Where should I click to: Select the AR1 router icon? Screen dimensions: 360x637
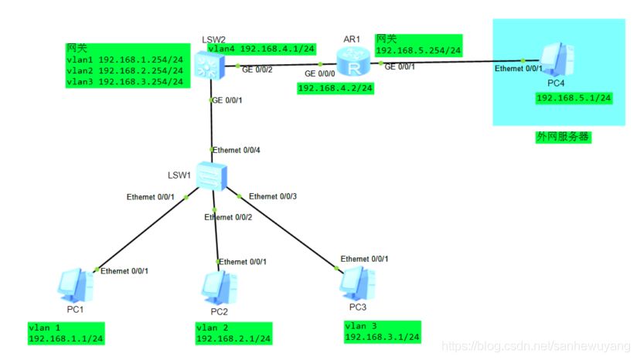(354, 63)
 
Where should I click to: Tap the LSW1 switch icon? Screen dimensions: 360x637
(209, 177)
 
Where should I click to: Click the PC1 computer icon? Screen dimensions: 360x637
(77, 285)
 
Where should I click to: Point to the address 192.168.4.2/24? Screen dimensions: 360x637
(335, 88)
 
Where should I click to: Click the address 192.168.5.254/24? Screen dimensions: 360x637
(417, 51)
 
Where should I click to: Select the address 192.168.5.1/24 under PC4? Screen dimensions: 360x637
(574, 98)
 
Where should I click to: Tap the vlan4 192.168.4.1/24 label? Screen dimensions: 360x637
(261, 49)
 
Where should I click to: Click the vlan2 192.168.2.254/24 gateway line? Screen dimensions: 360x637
(124, 70)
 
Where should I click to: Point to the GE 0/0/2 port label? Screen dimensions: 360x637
(257, 70)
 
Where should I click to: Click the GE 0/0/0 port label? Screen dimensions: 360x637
(321, 74)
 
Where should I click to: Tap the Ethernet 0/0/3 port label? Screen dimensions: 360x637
(273, 196)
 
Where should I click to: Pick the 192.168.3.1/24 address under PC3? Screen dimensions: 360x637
(382, 337)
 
